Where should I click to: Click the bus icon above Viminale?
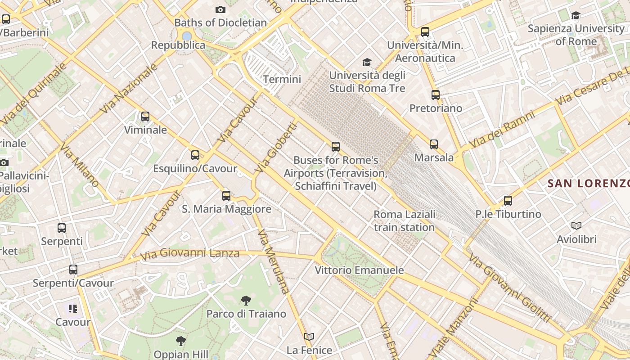145,117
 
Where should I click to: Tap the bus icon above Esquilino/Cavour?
195,155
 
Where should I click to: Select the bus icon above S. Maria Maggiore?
226,196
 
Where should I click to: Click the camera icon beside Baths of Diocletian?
220,9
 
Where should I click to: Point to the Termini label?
282,79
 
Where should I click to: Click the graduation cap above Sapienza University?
576,16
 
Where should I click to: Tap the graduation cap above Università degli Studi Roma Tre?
367,62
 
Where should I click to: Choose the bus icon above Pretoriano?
436,95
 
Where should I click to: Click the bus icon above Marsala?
434,144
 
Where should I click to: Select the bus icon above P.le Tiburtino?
508,201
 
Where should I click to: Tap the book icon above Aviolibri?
576,226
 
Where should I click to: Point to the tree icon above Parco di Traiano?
246,300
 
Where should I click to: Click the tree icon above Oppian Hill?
181,341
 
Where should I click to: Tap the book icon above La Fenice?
309,337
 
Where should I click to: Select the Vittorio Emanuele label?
359,270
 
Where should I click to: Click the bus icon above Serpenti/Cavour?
73,270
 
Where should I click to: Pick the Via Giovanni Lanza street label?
189,254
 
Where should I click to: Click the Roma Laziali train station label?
404,220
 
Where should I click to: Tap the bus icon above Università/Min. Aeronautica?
425,32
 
